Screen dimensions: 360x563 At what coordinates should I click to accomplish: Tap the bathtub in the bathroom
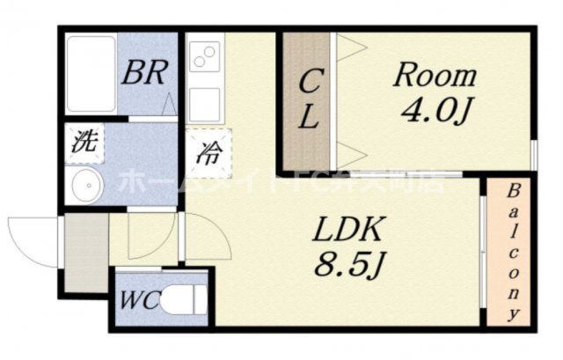tap(91, 75)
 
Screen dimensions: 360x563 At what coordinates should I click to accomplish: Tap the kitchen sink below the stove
tap(205, 104)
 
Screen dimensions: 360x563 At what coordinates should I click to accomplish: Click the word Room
tap(434, 75)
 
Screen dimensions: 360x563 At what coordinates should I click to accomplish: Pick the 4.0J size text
tap(434, 113)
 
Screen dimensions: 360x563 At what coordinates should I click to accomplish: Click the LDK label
tap(347, 231)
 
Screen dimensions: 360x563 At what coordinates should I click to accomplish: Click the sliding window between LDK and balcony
tap(483, 251)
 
